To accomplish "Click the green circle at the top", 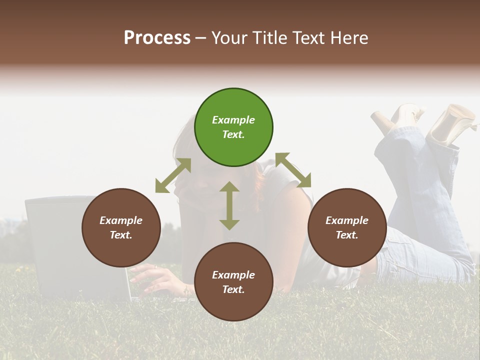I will (233, 127).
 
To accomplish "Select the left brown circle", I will (121, 228).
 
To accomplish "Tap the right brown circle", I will (347, 228).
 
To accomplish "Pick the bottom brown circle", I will (233, 282).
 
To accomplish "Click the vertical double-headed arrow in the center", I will (229, 205).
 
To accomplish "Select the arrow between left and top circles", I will (173, 175).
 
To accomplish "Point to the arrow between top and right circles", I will (293, 170).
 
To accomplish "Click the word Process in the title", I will (157, 38).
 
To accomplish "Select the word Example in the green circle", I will (233, 120).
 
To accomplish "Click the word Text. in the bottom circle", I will (233, 289).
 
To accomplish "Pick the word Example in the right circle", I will (347, 220).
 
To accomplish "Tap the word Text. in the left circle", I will (121, 235).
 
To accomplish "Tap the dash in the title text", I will (201, 38).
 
